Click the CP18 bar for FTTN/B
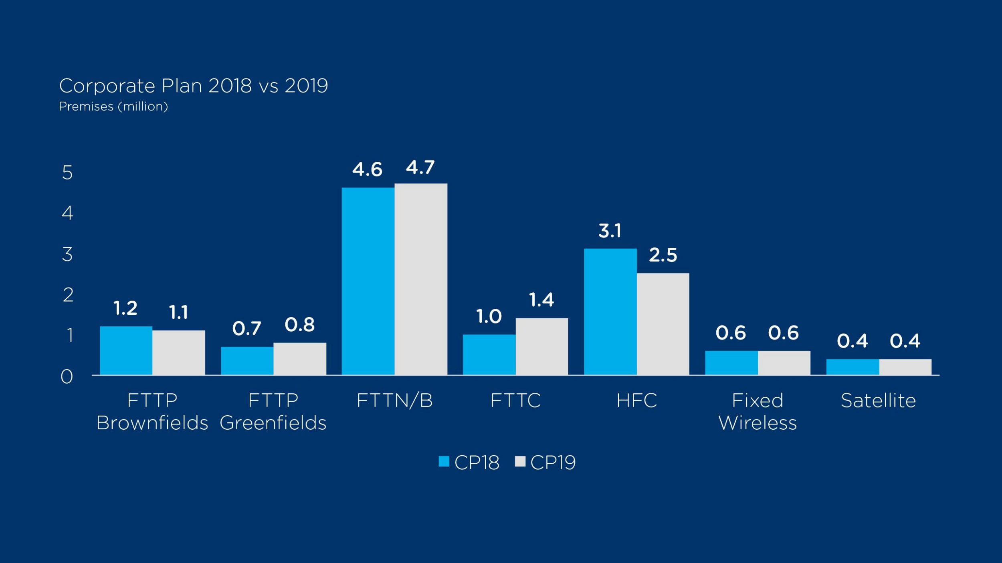(368, 281)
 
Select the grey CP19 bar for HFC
(663, 324)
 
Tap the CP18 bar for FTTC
(489, 354)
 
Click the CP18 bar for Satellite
(853, 367)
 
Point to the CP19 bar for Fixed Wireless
(784, 363)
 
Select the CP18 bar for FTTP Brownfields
(126, 350)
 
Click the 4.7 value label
(420, 167)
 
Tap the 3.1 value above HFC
(610, 231)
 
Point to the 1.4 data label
(541, 300)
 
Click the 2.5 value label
(663, 255)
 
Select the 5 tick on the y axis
(67, 173)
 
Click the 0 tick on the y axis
(67, 377)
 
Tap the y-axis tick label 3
(67, 255)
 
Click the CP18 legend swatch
(444, 461)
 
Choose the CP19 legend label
(553, 462)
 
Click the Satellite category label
(878, 401)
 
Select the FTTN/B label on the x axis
(394, 401)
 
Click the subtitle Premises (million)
(113, 107)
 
